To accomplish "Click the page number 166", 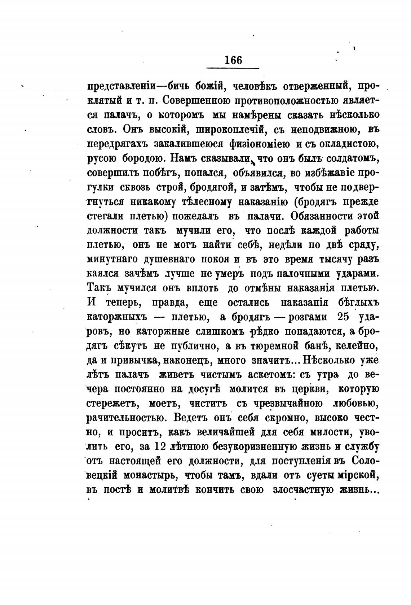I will [233, 60].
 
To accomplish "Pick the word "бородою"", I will [147, 158].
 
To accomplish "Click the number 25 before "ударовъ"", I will [342, 317].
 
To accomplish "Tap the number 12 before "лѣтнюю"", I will [159, 447].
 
